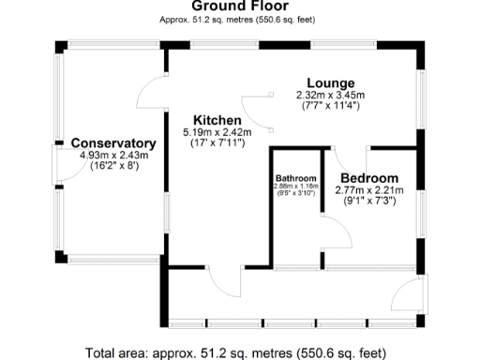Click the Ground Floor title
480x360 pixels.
pyautogui.click(x=239, y=7)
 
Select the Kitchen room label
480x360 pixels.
pyautogui.click(x=217, y=121)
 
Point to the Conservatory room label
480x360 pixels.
pyautogui.click(x=112, y=143)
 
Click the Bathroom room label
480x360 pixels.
pyautogui.click(x=295, y=178)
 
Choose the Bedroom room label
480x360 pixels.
pyautogui.click(x=368, y=178)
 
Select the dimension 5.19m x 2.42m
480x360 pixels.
pyautogui.click(x=218, y=133)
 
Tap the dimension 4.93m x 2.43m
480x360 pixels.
pyautogui.click(x=113, y=155)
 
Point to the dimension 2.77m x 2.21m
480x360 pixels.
pyautogui.click(x=368, y=190)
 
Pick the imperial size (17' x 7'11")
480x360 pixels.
pyautogui.click(x=218, y=143)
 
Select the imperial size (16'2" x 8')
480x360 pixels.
pyautogui.click(x=113, y=165)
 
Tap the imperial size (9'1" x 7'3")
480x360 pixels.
pyautogui.click(x=368, y=201)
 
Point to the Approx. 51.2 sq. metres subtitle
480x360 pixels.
pyautogui.click(x=239, y=19)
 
